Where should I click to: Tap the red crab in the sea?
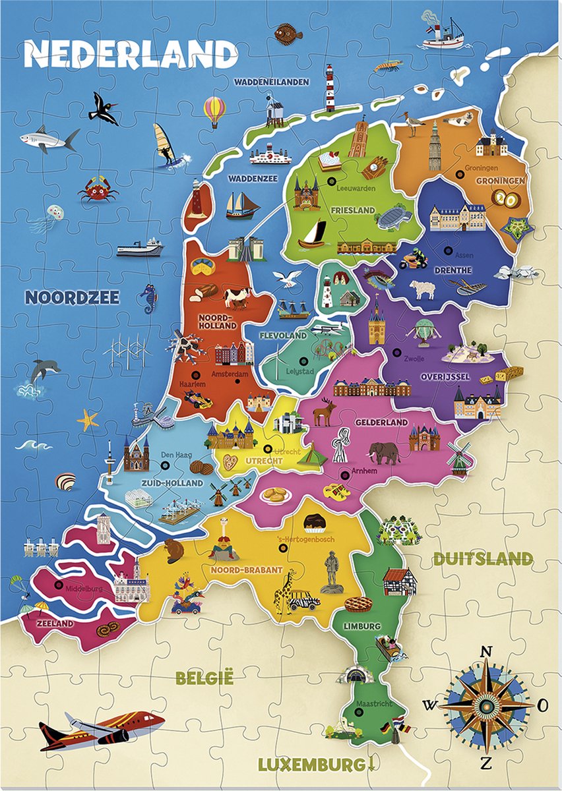[98, 189]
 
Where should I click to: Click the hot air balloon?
[214, 110]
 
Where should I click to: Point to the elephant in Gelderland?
[384, 452]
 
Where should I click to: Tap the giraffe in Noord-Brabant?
[284, 590]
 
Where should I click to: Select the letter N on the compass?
[486, 652]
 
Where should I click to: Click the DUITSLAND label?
[483, 559]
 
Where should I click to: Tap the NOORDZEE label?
[73, 297]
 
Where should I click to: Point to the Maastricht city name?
[373, 704]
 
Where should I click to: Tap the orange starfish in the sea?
[87, 419]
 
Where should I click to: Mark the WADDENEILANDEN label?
[271, 82]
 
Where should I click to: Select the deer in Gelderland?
[324, 412]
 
